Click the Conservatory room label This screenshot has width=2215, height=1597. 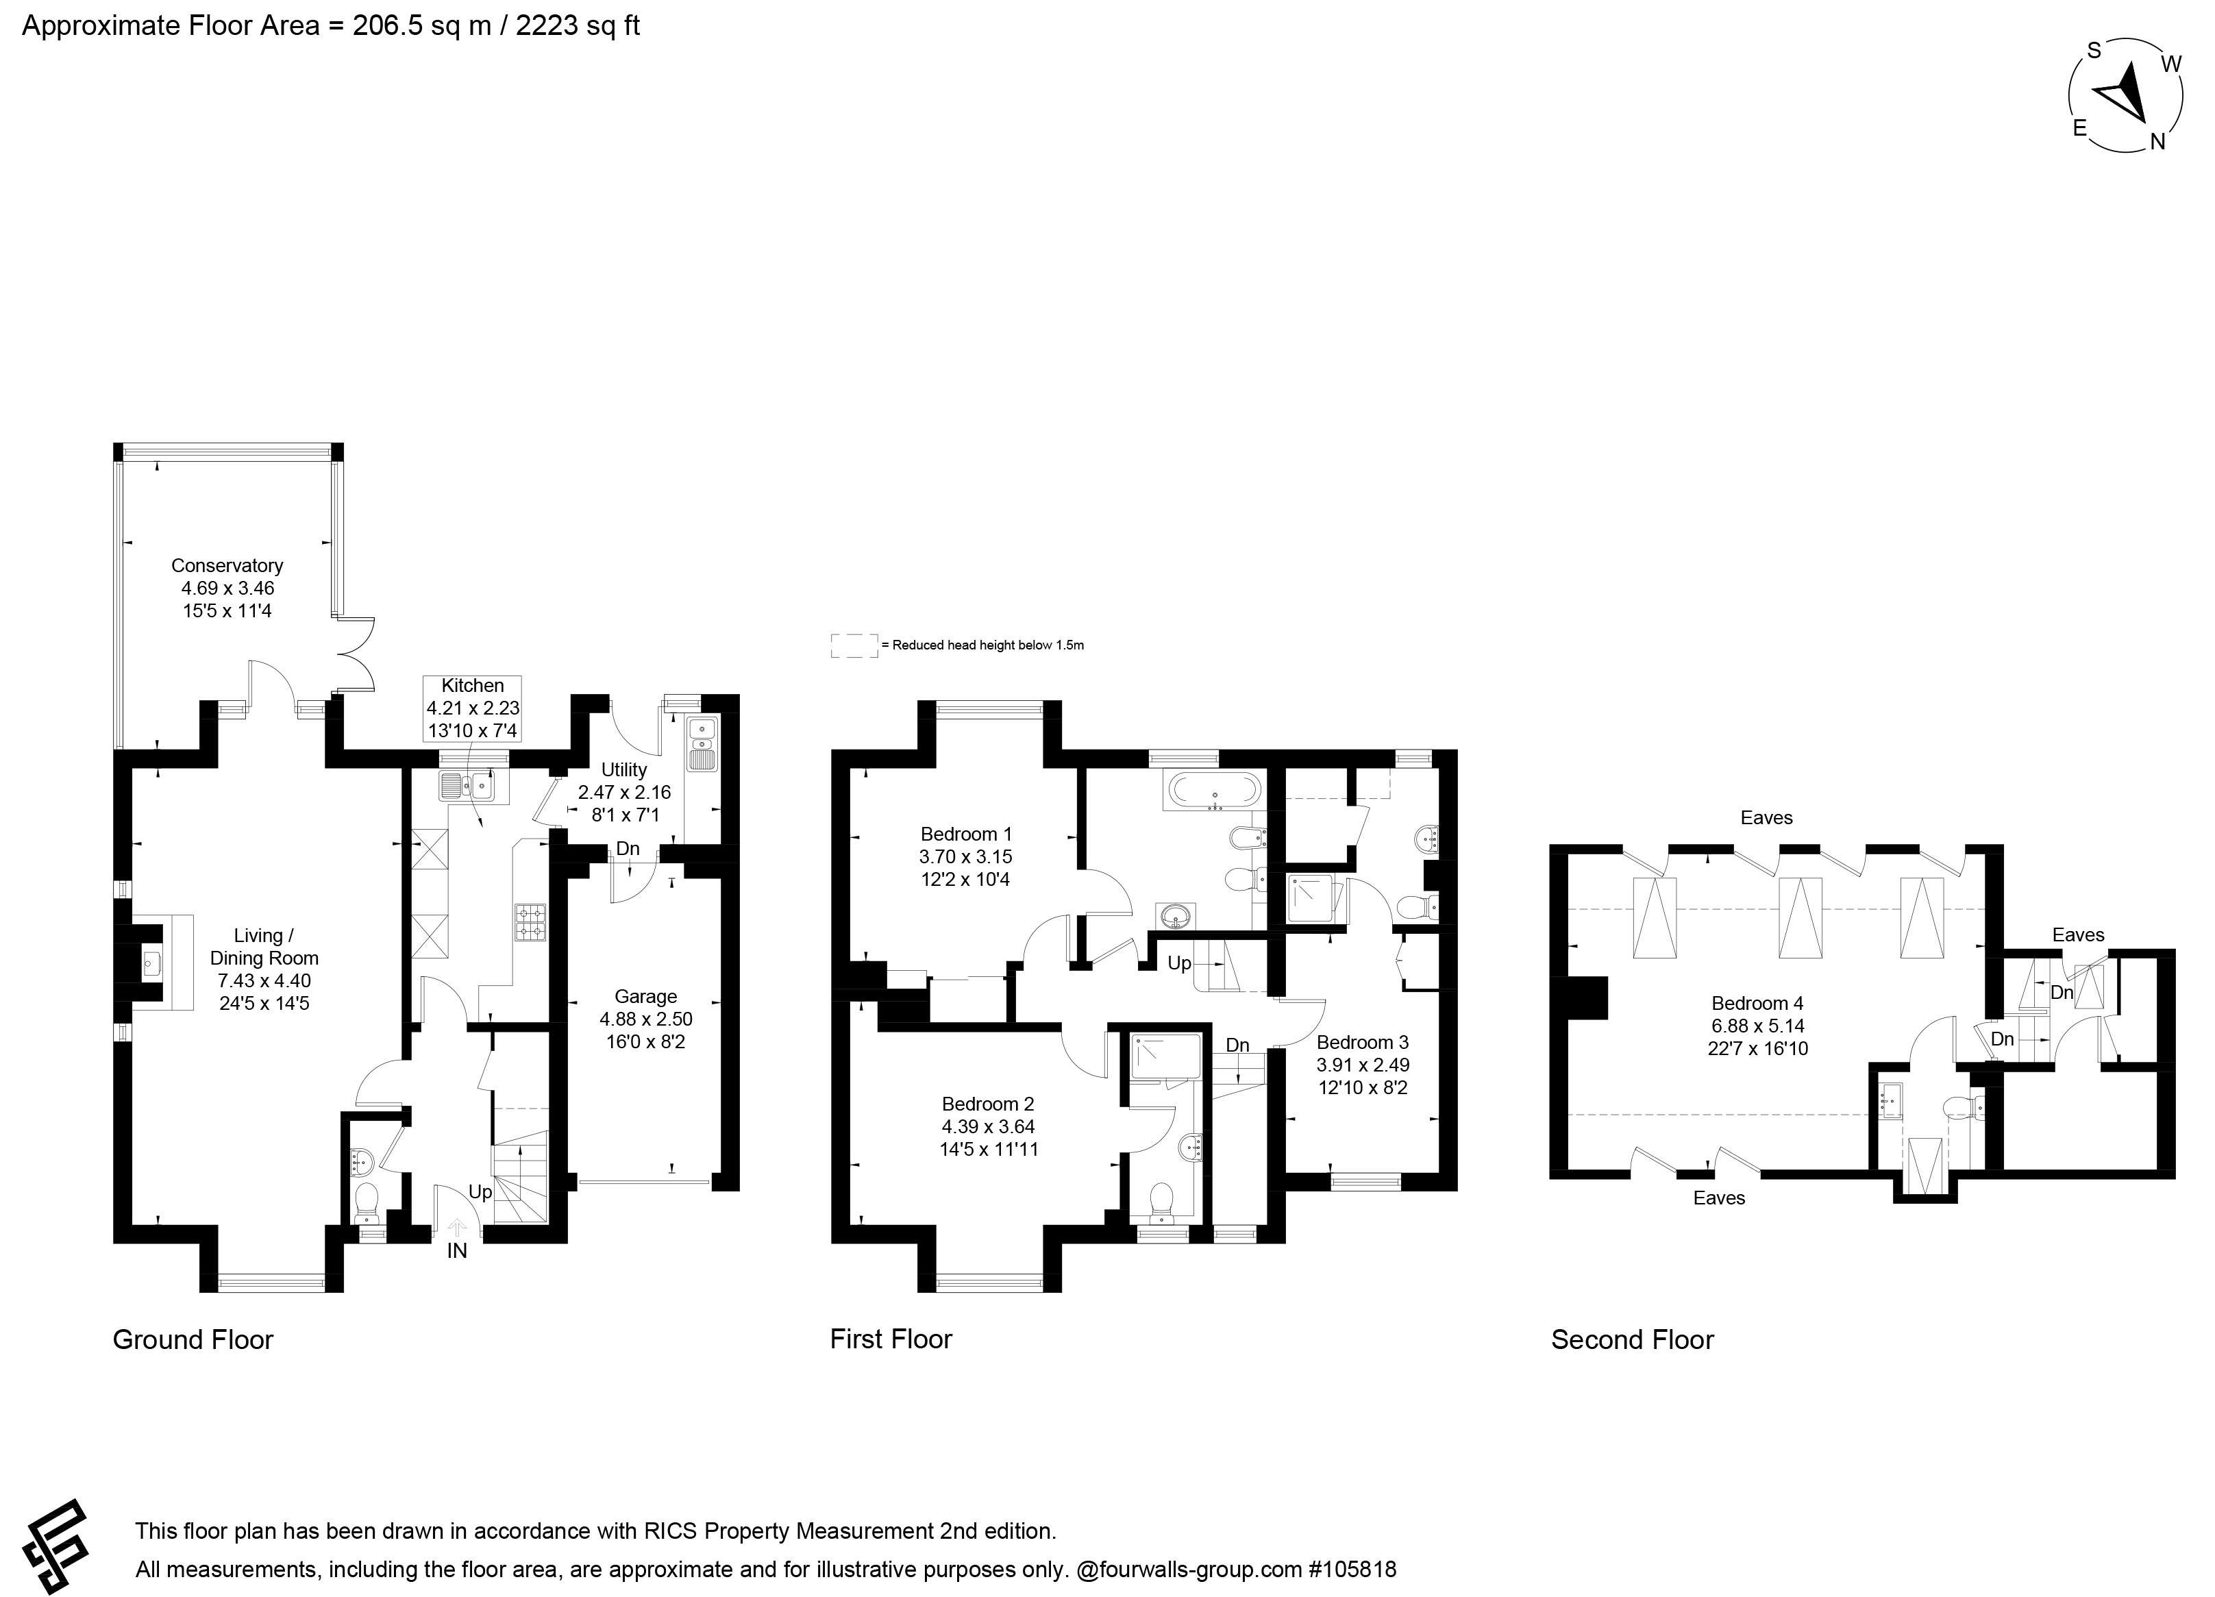tap(227, 565)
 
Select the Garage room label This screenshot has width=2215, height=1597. tap(645, 996)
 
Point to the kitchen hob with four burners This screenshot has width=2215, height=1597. tap(530, 922)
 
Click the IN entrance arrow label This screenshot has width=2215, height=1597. tap(457, 1251)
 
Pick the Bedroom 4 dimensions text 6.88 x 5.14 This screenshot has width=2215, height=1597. tap(1758, 1026)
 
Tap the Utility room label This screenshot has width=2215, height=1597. tap(624, 769)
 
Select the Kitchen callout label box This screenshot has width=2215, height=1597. tap(473, 708)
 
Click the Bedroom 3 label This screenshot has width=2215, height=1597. tap(1363, 1042)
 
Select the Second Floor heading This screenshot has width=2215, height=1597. tap(1632, 1340)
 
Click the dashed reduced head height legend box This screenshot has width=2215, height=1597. tap(854, 645)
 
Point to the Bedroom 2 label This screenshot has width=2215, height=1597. tap(987, 1104)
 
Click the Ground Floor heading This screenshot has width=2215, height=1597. tap(193, 1340)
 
